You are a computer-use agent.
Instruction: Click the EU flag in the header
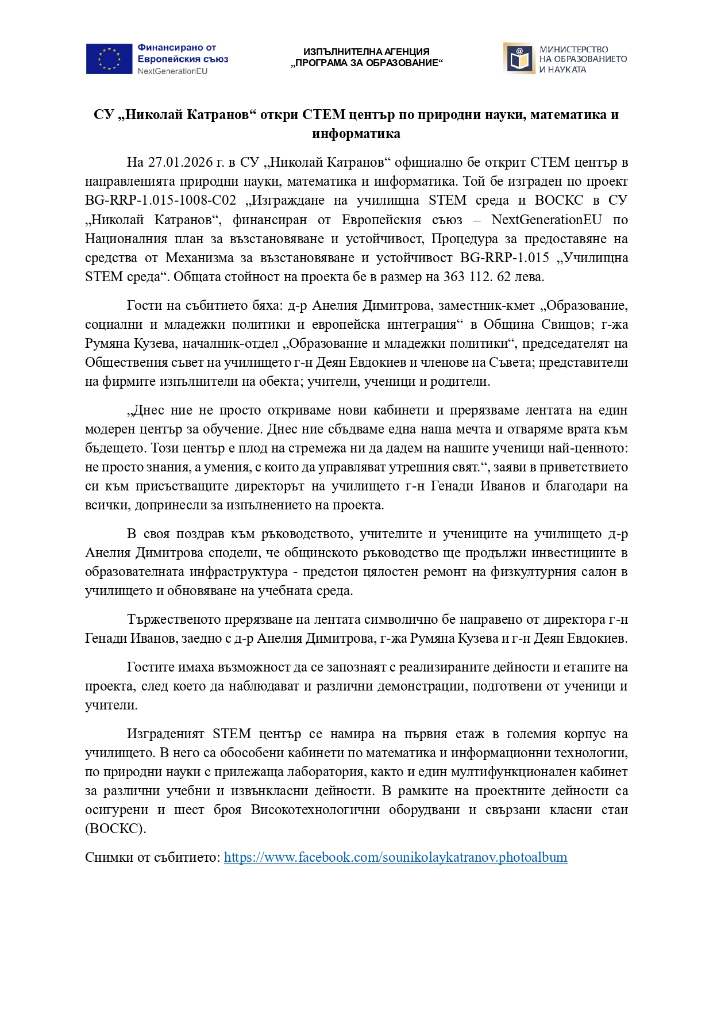tap(109, 59)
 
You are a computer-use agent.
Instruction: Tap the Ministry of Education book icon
tap(519, 59)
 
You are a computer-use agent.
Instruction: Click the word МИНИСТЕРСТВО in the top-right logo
tap(573, 49)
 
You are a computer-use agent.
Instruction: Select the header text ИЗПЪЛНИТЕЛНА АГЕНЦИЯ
tap(366, 52)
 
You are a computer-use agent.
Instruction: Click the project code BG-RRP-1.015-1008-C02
tap(160, 201)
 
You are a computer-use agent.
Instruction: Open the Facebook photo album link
tap(395, 858)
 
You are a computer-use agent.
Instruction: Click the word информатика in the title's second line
tap(356, 134)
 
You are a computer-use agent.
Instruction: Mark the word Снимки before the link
tap(109, 858)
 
